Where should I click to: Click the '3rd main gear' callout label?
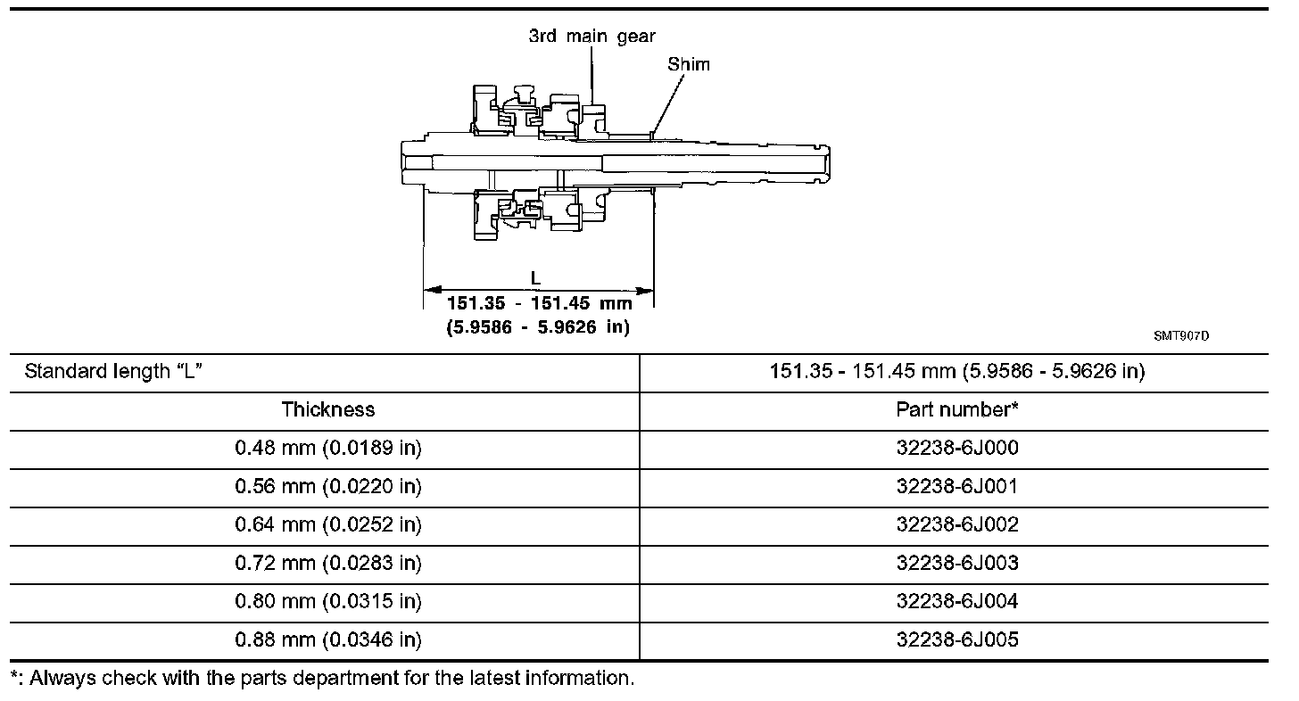(x=592, y=37)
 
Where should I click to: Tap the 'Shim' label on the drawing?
(x=689, y=64)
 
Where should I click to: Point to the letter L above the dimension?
(x=535, y=278)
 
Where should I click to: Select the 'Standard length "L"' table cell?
(x=114, y=371)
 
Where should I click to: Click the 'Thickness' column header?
(x=328, y=409)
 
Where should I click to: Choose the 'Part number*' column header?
(x=957, y=409)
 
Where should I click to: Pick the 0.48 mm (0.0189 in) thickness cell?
(x=328, y=448)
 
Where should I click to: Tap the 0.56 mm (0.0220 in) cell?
(x=328, y=486)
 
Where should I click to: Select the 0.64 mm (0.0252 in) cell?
(x=328, y=524)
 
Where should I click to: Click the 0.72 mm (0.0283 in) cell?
(x=328, y=563)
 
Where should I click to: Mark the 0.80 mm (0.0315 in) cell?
(x=328, y=601)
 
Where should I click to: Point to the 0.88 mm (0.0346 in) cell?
(x=328, y=639)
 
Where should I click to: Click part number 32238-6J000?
(x=957, y=448)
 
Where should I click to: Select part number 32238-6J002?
(x=957, y=524)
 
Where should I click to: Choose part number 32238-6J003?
(x=957, y=563)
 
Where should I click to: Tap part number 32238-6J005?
(x=957, y=639)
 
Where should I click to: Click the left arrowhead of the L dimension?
(x=430, y=290)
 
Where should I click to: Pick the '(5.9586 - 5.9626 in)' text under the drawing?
(x=538, y=327)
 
